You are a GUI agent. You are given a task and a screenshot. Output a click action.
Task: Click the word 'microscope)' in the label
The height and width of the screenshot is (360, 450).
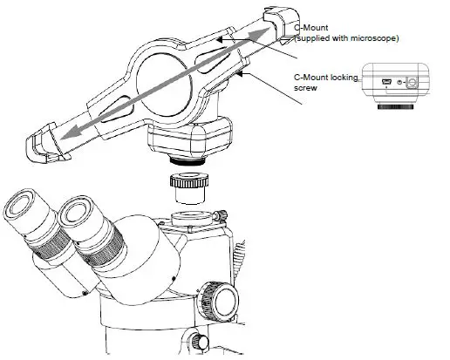[375, 37]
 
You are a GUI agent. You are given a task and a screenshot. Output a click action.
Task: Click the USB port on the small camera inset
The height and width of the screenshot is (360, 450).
[386, 83]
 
